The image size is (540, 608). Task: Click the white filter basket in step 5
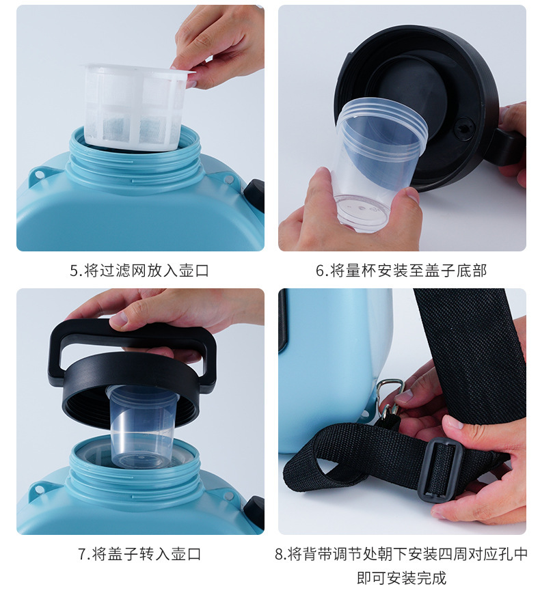[136, 107]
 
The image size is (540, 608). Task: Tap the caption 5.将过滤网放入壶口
[139, 271]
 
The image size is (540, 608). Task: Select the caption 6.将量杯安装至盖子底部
[401, 271]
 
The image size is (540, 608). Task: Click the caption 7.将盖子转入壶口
[139, 554]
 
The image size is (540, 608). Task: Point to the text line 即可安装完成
[401, 578]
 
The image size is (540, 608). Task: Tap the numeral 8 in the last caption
[280, 555]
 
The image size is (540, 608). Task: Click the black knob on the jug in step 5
[254, 197]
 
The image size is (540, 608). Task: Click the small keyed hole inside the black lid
[464, 126]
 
